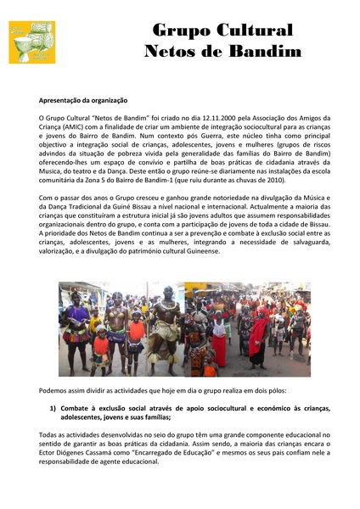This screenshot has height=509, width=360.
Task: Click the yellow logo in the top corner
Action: [31, 42]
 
